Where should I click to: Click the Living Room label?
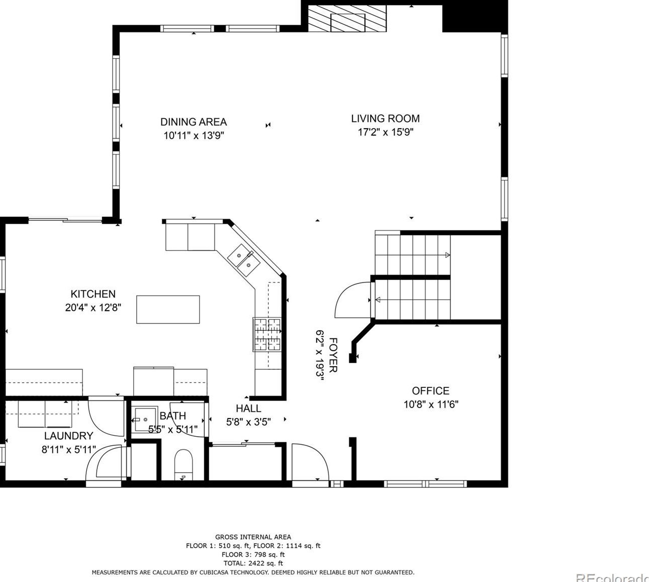[x=385, y=119]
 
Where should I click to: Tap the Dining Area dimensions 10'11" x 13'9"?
[x=194, y=136]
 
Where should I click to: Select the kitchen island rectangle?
[x=168, y=309]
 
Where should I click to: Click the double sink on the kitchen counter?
[x=244, y=260]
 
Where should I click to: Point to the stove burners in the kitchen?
[x=267, y=334]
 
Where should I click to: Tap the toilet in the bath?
[x=184, y=464]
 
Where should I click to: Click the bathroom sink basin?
[x=145, y=420]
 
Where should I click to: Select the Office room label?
[x=431, y=391]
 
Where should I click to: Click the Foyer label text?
[x=333, y=355]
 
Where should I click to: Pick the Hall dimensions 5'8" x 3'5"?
[x=249, y=422]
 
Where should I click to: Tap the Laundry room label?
[x=69, y=436]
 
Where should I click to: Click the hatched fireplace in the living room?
[x=347, y=18]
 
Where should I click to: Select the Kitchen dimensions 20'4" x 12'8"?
[x=93, y=308]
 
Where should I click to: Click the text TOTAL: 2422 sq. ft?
[x=253, y=563]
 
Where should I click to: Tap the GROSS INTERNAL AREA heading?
[x=253, y=537]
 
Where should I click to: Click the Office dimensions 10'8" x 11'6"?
[x=431, y=404]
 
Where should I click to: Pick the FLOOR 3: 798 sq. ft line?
[x=253, y=554]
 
